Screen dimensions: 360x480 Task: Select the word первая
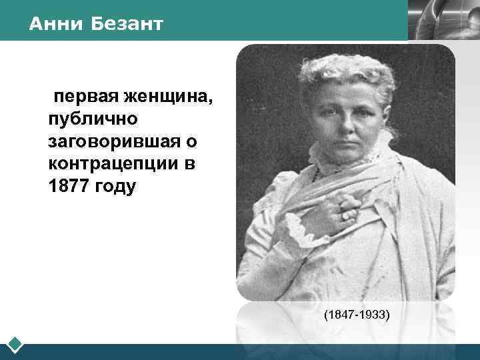click(83, 97)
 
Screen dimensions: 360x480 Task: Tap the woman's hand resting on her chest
click(347, 207)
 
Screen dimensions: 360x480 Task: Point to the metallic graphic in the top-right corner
click(443, 20)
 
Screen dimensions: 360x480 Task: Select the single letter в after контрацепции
click(189, 164)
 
